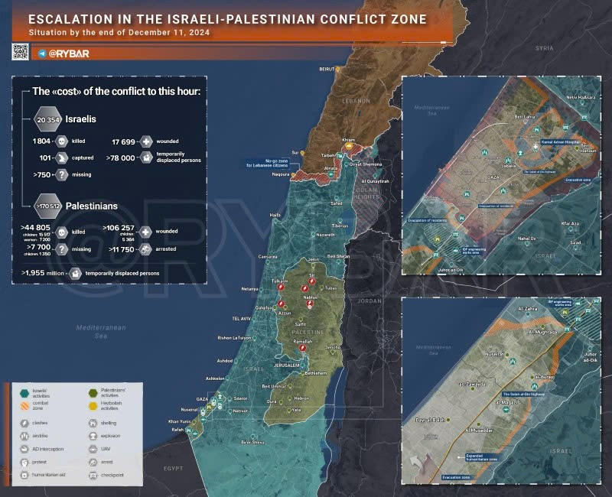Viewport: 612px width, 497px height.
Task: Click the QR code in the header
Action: pos(20,51)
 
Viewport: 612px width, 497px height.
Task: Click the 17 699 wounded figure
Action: pos(125,142)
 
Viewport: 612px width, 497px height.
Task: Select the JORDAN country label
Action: pos(369,300)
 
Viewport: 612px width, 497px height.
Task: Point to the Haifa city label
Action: pos(275,216)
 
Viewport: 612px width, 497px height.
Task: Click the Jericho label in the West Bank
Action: pos(332,348)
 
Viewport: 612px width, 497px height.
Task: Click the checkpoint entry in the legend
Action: pos(111,475)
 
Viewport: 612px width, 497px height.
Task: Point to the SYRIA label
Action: pos(544,47)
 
